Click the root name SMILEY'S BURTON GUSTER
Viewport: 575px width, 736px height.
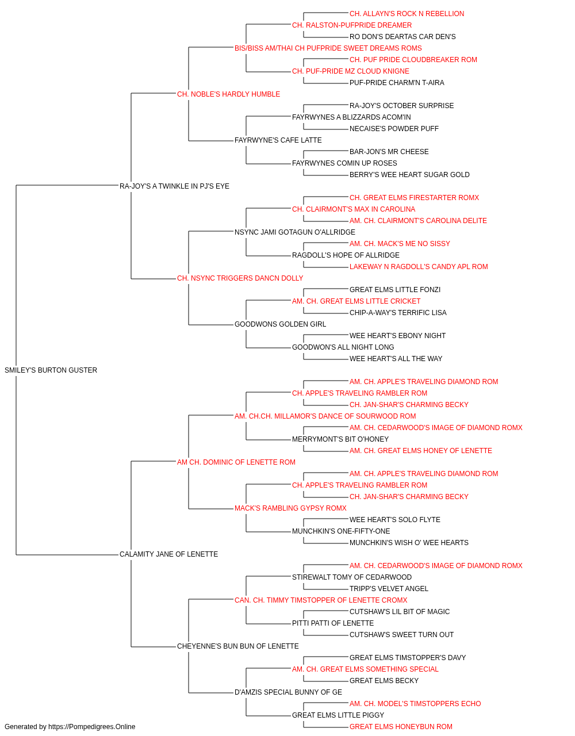51,370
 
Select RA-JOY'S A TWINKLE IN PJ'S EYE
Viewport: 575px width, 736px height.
174,186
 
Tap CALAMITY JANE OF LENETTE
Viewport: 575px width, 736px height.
168,554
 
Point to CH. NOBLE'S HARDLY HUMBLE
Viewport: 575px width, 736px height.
229,94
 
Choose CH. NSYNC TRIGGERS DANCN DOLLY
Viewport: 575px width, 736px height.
240,278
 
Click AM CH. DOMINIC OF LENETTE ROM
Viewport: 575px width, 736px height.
236,462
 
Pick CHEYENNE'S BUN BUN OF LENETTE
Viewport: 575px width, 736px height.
237,646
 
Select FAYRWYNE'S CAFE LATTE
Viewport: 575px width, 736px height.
278,140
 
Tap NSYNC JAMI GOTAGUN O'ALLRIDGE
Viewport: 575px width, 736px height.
295,232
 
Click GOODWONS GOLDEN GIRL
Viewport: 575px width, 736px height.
281,324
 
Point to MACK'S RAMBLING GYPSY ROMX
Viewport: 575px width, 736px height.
290,508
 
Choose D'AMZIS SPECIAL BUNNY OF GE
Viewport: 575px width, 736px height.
288,692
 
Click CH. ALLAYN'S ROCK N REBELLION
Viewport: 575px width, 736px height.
407,14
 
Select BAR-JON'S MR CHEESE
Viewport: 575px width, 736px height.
389,151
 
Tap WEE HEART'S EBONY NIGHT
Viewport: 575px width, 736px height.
397,336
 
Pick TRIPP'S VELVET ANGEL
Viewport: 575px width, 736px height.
389,589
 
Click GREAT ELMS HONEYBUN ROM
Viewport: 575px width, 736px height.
401,727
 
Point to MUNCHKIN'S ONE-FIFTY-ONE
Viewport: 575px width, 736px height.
341,531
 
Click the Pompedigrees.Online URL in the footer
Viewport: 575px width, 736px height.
91,727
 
